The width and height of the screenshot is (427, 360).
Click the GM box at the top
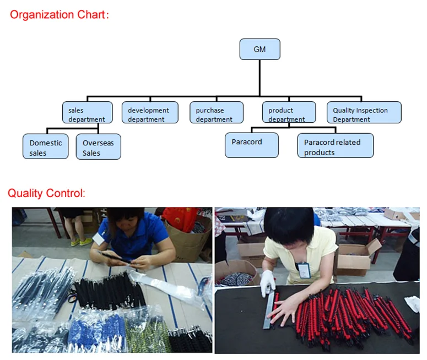click(260, 49)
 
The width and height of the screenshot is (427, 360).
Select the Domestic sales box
click(46, 147)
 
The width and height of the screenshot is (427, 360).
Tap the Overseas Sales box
click(98, 147)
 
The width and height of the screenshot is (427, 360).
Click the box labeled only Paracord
click(251, 145)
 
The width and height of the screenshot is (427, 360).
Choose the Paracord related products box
click(335, 146)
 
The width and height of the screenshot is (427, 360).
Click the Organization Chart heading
click(58, 15)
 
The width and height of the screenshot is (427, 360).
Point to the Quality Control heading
click(46, 193)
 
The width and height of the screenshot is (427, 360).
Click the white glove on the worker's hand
click(268, 281)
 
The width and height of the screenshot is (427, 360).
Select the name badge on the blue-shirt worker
click(99, 238)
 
